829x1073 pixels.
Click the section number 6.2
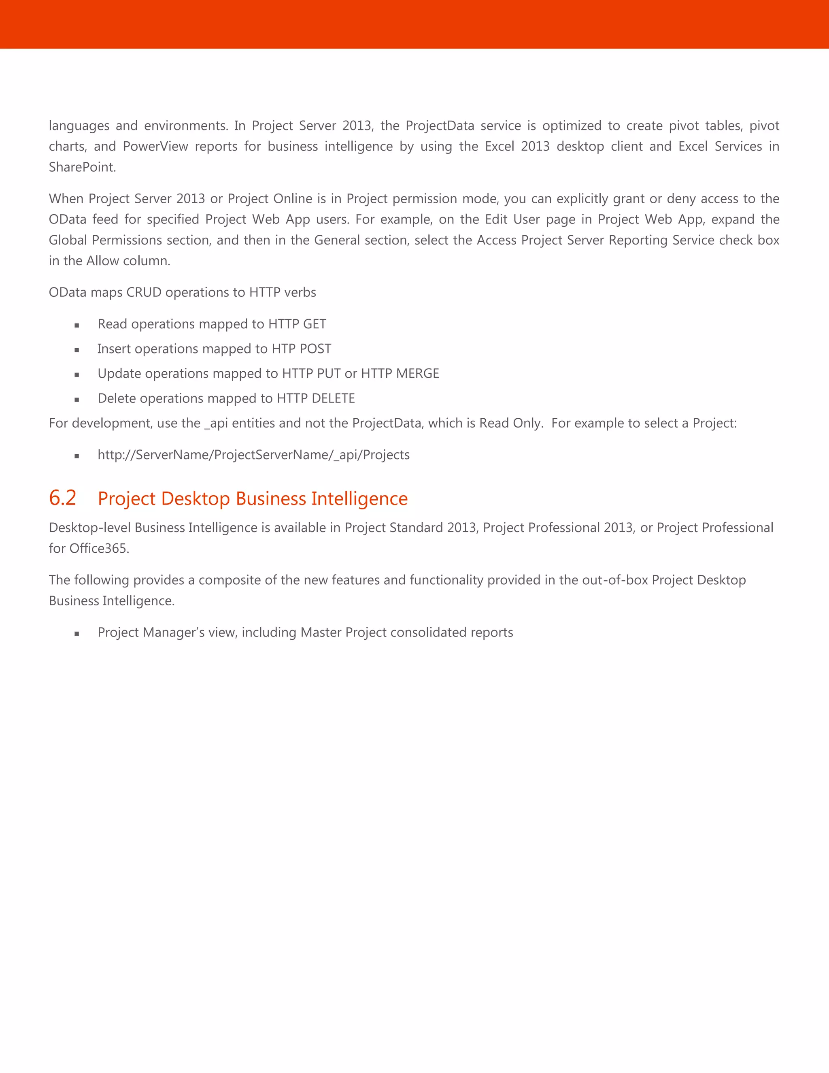click(62, 498)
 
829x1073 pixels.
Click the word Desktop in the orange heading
click(196, 499)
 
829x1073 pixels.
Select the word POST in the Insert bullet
click(315, 349)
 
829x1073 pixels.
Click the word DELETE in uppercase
click(333, 398)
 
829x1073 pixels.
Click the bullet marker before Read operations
click(77, 325)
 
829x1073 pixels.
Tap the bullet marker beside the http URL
click(77, 456)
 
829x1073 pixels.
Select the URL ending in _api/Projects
click(253, 455)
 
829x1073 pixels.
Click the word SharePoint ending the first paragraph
click(82, 168)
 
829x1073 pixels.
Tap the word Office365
click(99, 548)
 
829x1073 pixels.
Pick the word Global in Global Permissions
click(68, 240)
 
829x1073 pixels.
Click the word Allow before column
click(103, 261)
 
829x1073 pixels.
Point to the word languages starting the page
click(79, 126)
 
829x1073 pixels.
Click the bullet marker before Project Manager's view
click(77, 634)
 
